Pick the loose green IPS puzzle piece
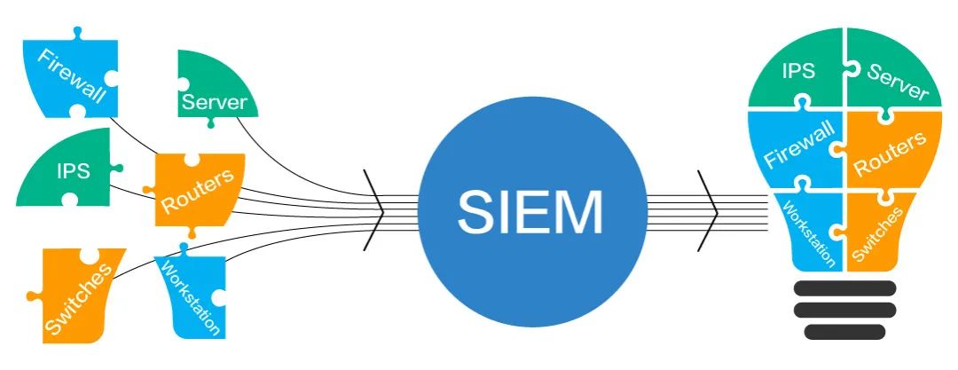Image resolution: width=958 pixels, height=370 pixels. tap(67, 173)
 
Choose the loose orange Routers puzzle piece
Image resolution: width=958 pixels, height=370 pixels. tap(197, 190)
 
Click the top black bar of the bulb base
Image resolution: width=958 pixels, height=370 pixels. tap(844, 287)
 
